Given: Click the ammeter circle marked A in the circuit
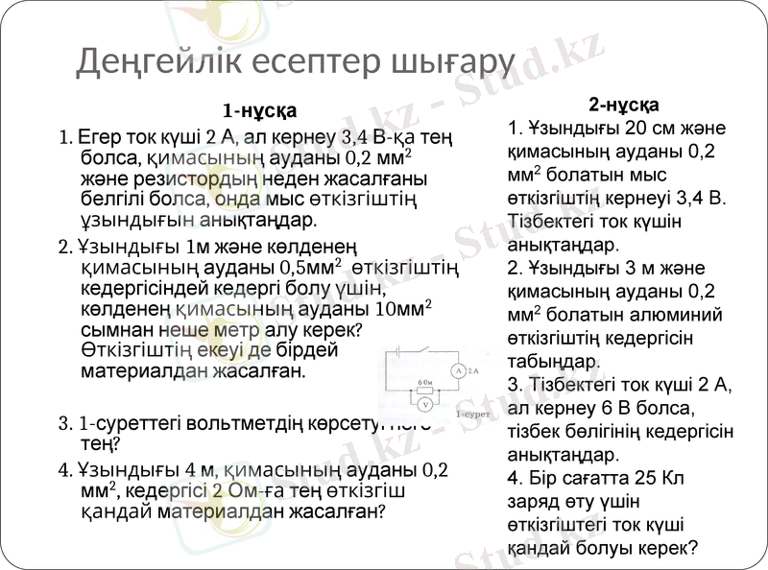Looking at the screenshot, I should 458,371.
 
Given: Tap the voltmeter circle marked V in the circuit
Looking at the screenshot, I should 425,405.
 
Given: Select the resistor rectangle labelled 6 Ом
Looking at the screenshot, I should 425,391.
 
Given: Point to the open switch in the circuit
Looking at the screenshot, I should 423,349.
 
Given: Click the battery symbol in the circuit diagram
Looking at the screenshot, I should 398,351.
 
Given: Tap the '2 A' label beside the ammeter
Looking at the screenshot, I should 473,371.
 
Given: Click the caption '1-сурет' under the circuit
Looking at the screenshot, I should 473,415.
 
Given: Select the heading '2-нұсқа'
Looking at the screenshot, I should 623,105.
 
